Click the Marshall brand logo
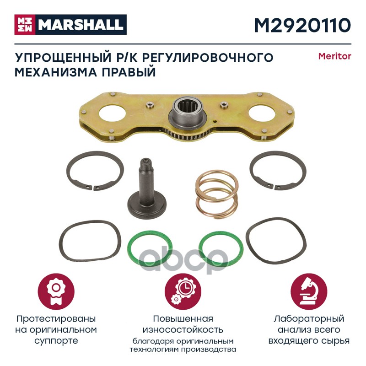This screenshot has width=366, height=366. (x=70, y=25)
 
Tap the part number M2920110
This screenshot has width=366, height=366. (x=302, y=26)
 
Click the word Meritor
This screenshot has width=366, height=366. (x=335, y=56)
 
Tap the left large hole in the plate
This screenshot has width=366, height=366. (x=112, y=114)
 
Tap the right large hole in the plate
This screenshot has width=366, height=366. (x=262, y=113)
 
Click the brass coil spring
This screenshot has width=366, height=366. (x=216, y=194)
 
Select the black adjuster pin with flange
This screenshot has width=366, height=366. (x=146, y=188)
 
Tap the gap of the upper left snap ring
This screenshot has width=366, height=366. (x=92, y=187)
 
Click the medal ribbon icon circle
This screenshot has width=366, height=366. (x=56, y=292)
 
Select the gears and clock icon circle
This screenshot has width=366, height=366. (x=183, y=292)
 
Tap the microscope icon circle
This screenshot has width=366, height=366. (x=309, y=292)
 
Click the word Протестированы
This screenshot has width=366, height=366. (x=56, y=318)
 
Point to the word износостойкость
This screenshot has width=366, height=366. (x=183, y=330)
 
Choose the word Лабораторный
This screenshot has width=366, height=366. (x=309, y=319)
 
